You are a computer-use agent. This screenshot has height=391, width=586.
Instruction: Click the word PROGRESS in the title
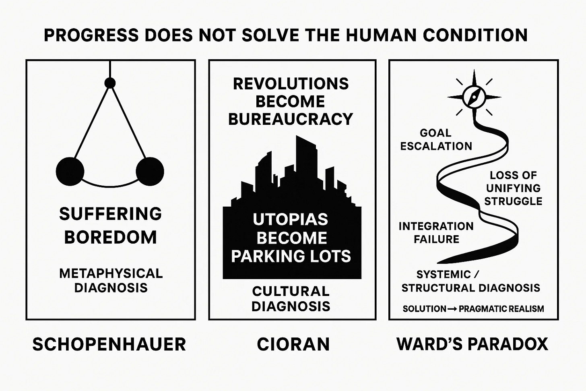coord(91,35)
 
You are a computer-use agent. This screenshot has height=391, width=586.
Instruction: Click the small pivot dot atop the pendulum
coord(110,83)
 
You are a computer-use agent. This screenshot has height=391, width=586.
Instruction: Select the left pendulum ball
coord(70,172)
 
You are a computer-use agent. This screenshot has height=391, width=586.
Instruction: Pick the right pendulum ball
coord(150,172)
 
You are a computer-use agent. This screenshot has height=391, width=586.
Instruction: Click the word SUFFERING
coord(110,214)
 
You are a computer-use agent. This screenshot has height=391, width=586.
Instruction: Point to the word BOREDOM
coord(110,237)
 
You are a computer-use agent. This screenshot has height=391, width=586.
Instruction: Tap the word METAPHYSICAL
coord(111,273)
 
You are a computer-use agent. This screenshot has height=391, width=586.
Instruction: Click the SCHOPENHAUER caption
coord(109,345)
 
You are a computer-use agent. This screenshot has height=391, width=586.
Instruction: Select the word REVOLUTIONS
coord(291,84)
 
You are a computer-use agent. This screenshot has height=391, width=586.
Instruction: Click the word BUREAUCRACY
coord(291,119)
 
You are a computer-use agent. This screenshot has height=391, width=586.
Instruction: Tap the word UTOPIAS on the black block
coord(291,219)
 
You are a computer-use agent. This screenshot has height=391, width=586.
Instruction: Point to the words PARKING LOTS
coord(291,256)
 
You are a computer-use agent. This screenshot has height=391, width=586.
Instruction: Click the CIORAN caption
coord(293,345)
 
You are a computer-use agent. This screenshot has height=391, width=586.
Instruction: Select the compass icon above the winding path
coord(474,97)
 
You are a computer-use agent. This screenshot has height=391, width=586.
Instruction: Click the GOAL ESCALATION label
coord(436,139)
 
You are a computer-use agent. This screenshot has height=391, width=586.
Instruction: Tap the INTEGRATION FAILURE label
coord(436,232)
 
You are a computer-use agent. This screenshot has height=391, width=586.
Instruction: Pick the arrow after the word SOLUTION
coord(452,309)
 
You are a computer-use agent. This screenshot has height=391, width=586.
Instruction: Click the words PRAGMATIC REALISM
coord(501,309)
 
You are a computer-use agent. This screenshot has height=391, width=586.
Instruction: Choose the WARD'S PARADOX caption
coord(472,345)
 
